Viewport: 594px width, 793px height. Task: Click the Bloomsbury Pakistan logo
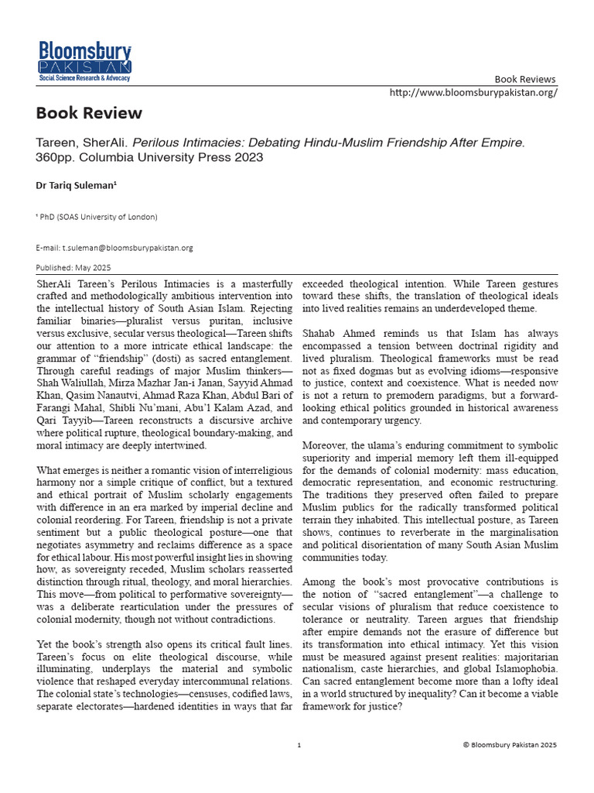pos(85,61)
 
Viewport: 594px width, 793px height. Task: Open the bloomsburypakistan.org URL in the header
pos(473,91)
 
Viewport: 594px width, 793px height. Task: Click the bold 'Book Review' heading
pos(89,113)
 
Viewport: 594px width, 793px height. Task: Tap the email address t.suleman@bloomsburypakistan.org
pos(114,248)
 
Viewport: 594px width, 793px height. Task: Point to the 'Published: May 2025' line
pos(73,267)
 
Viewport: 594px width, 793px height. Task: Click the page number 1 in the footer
pos(299,744)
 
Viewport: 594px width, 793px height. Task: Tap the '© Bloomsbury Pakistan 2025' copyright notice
pos(509,744)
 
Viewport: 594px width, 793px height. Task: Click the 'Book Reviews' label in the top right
pos(525,79)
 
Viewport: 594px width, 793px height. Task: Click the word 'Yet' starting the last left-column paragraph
pos(45,645)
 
